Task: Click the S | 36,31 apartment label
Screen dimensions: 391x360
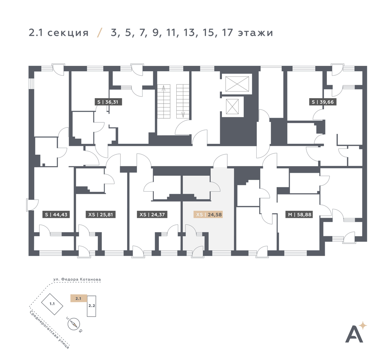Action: coord(108,102)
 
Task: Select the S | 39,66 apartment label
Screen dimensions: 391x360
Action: coord(323,102)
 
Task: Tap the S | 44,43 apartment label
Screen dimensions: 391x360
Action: coord(56,214)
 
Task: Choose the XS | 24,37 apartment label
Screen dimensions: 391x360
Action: coord(152,214)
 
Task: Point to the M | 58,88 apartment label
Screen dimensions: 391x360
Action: coord(299,214)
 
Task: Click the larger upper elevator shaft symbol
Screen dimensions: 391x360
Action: coord(237,84)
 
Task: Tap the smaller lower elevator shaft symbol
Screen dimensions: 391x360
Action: coord(232,106)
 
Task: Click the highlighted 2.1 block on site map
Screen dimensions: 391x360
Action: coord(78,298)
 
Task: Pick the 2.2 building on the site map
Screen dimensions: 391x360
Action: coord(92,306)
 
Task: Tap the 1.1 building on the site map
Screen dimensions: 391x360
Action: coord(52,304)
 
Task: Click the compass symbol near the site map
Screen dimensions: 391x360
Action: coord(74,324)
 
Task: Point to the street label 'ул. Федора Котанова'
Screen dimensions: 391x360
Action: coord(77,280)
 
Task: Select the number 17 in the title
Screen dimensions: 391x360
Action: coord(227,33)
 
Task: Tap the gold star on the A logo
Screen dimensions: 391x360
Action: coord(363,325)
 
